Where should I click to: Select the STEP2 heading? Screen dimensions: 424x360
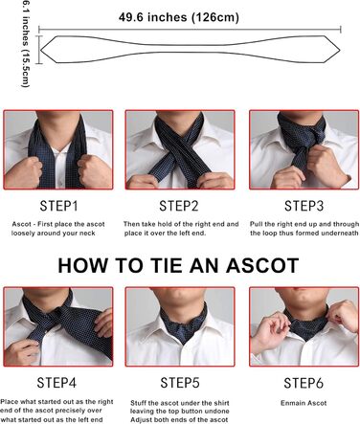coord(179,205)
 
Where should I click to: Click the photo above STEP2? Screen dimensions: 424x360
coord(180,150)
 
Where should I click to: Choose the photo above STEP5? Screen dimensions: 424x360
coord(180,328)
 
